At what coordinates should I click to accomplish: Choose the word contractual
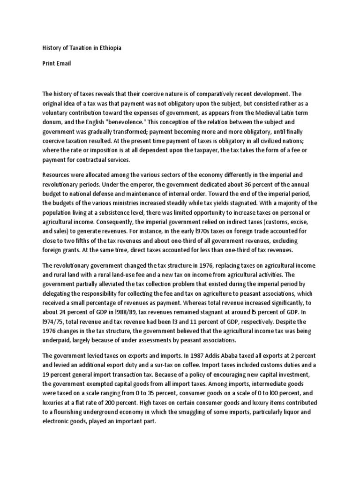coord(86,159)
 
